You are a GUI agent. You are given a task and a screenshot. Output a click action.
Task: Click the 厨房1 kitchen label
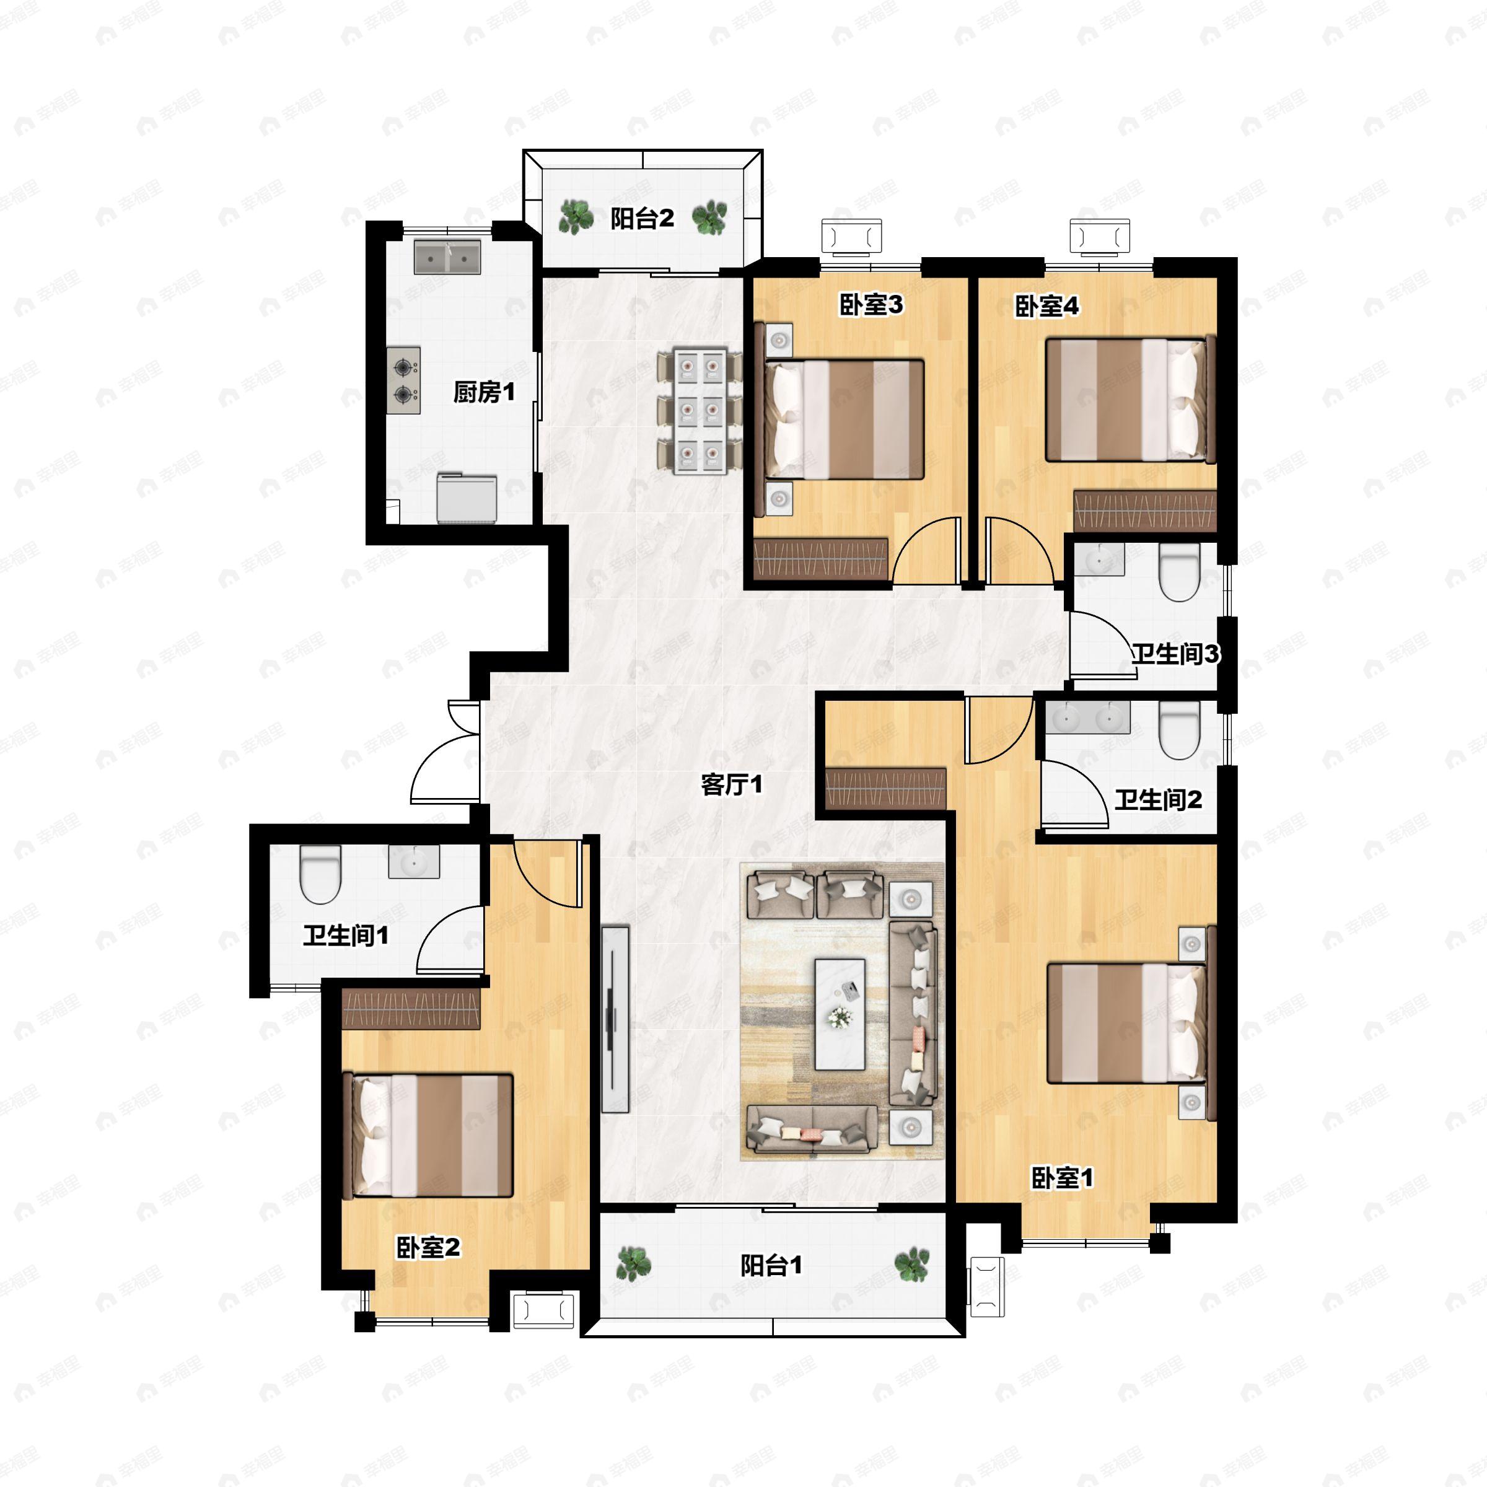point(483,393)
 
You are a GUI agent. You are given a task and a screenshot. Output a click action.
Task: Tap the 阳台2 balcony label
point(642,219)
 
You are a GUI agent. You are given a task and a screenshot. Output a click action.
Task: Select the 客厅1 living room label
point(731,785)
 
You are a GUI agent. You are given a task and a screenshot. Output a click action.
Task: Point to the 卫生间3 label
point(1175,654)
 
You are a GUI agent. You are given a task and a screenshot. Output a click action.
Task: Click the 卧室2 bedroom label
point(428,1247)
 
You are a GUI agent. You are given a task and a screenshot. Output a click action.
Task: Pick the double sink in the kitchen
point(447,257)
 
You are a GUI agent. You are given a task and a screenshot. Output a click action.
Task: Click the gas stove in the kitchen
point(403,380)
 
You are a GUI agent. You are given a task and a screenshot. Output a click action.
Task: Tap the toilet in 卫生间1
point(320,874)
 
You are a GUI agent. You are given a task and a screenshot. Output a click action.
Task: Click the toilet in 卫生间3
point(1180,572)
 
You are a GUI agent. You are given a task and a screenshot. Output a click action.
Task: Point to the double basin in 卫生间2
point(1087,717)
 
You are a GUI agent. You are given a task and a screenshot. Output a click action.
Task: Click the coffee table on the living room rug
point(840,1014)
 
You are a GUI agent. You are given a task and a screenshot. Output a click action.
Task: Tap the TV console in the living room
point(616,1019)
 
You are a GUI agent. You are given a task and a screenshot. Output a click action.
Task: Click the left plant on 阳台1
point(633,1265)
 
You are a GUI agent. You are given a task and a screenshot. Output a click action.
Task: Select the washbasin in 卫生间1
point(414,861)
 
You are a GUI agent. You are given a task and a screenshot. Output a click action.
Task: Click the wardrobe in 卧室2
point(411,1008)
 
